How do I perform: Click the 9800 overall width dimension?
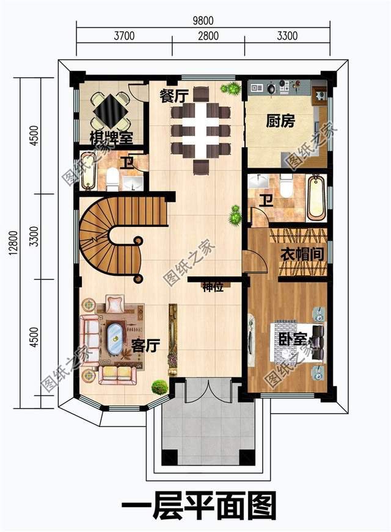coord(204,20)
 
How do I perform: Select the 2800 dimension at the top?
coord(208,36)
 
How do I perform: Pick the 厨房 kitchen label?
coord(280,121)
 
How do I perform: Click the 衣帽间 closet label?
coord(301,254)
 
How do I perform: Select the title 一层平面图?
coord(199,506)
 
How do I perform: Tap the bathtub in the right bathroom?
coord(316,198)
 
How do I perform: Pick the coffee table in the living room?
coord(114,337)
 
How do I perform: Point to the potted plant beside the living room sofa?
coord(159,386)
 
